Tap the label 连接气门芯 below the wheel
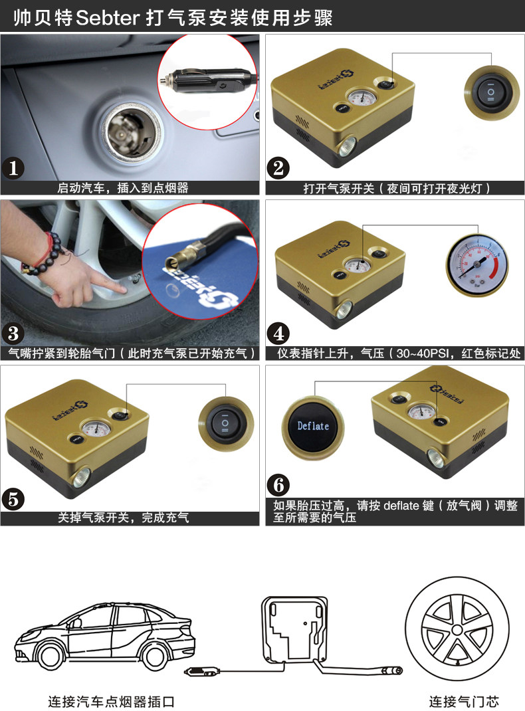point(463,701)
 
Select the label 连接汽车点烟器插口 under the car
point(111,701)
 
